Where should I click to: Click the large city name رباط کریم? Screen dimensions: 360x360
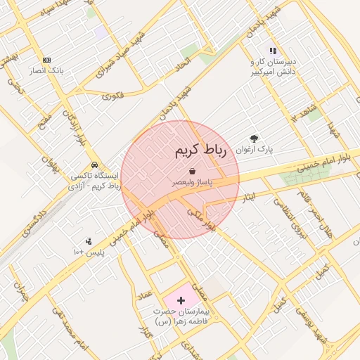point(200,150)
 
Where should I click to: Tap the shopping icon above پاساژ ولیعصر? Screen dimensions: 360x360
point(192,171)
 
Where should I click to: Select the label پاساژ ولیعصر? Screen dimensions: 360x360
point(193,182)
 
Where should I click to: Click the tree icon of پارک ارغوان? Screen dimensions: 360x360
point(254,139)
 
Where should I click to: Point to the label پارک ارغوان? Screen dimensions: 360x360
point(254,150)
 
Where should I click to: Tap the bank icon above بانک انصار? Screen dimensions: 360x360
point(46,60)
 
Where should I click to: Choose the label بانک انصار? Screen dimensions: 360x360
point(46,71)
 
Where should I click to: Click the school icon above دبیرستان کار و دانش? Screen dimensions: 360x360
point(273,51)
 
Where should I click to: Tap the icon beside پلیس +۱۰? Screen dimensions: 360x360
point(88,241)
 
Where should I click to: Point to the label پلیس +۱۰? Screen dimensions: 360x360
point(89,252)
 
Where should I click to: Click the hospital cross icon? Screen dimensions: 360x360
point(181,300)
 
